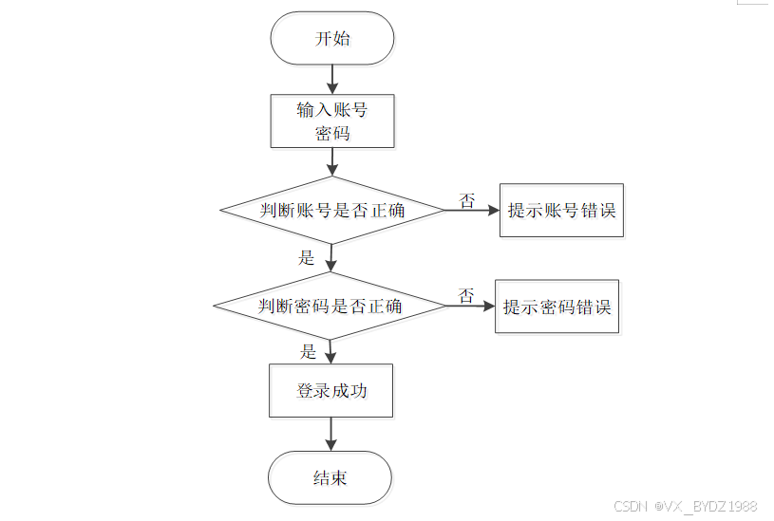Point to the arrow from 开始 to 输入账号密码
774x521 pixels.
(332, 80)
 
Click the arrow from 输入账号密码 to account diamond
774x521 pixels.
(332, 162)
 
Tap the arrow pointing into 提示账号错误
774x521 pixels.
(472, 210)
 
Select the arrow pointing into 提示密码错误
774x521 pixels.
(471, 307)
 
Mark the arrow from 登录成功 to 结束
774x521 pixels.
(330, 435)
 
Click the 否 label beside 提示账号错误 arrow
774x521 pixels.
(467, 200)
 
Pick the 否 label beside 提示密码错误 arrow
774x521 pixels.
(466, 295)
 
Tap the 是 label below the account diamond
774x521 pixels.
(306, 257)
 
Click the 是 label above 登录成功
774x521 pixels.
(308, 351)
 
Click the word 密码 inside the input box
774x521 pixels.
(332, 133)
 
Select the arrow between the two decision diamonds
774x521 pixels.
(330, 258)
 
